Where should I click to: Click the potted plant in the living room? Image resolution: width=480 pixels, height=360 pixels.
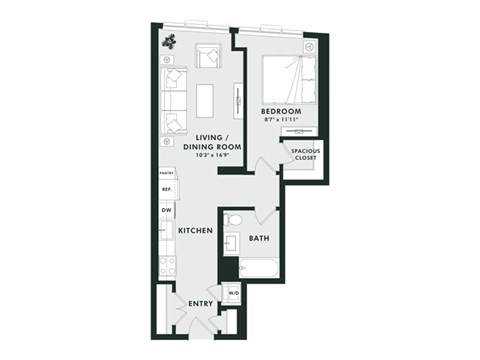pos(170,41)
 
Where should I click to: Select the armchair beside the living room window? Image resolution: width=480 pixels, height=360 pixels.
pos(210,56)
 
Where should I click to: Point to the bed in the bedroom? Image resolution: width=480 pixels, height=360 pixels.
pos(288,79)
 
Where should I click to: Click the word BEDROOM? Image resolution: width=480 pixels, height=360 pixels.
pos(282,111)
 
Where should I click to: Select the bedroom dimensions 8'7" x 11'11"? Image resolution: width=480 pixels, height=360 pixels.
pos(282,120)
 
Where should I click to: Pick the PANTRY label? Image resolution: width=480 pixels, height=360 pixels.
pos(167,173)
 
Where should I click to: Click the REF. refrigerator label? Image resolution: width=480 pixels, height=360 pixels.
pos(167,188)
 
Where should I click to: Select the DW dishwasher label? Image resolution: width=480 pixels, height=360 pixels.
pos(167,210)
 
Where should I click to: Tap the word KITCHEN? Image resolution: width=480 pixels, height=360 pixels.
pos(196,231)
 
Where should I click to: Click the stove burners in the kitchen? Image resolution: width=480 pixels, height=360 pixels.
pos(167,264)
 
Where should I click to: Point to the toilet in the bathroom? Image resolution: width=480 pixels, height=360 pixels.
pos(233,219)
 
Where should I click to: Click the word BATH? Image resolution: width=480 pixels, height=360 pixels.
pos(259,238)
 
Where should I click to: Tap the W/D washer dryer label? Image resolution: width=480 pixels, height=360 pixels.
pos(232,293)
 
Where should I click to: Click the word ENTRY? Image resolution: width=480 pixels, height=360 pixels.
pos(201,303)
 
